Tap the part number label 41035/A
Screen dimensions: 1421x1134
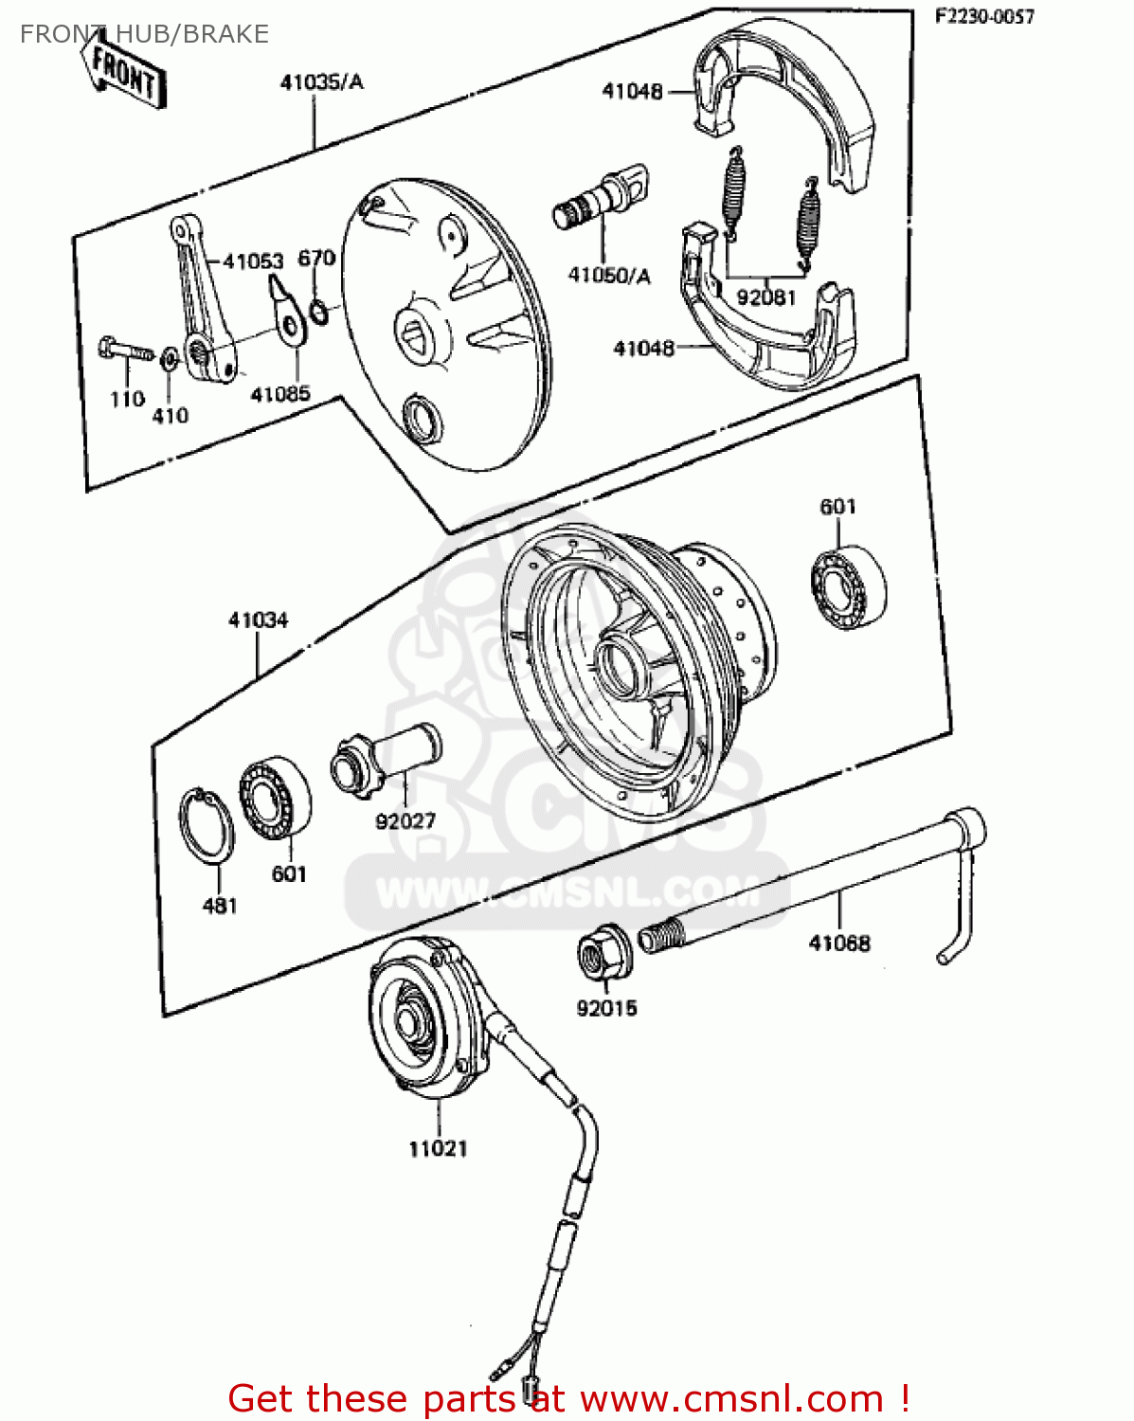click(x=321, y=82)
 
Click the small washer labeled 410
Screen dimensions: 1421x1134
click(x=170, y=359)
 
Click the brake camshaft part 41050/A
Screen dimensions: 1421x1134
click(x=602, y=200)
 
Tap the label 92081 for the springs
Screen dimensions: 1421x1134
click(x=765, y=297)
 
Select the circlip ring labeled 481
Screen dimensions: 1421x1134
click(x=206, y=825)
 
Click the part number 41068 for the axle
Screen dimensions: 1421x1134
click(x=838, y=943)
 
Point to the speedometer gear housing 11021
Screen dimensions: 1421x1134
click(x=426, y=1018)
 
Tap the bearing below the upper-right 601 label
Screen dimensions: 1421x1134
click(x=848, y=587)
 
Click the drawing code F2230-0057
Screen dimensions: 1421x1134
click(x=984, y=16)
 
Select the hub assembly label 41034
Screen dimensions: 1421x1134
click(x=258, y=621)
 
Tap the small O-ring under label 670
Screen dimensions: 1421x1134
click(x=320, y=311)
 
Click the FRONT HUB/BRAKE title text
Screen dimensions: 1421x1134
click(x=144, y=34)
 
